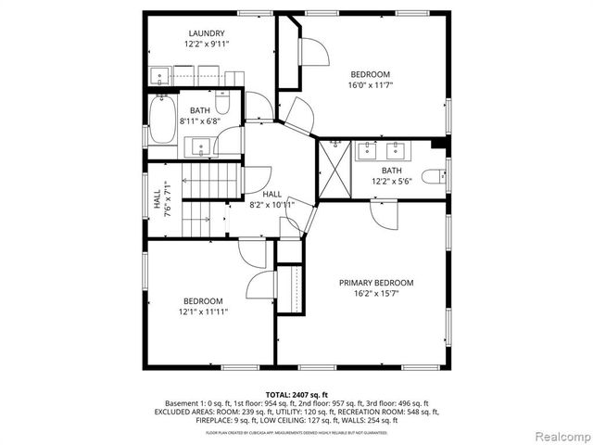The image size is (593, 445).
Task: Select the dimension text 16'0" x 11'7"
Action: pos(370,86)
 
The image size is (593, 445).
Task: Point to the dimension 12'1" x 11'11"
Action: pos(202,312)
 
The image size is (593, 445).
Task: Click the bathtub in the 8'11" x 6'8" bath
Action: pos(163,122)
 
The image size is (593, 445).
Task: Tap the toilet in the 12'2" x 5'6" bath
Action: pos(433,176)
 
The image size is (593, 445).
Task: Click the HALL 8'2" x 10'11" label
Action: pos(271,199)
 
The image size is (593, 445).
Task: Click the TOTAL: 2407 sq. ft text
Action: pos(296,394)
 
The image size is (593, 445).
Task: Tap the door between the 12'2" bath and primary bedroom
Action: pos(382,214)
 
